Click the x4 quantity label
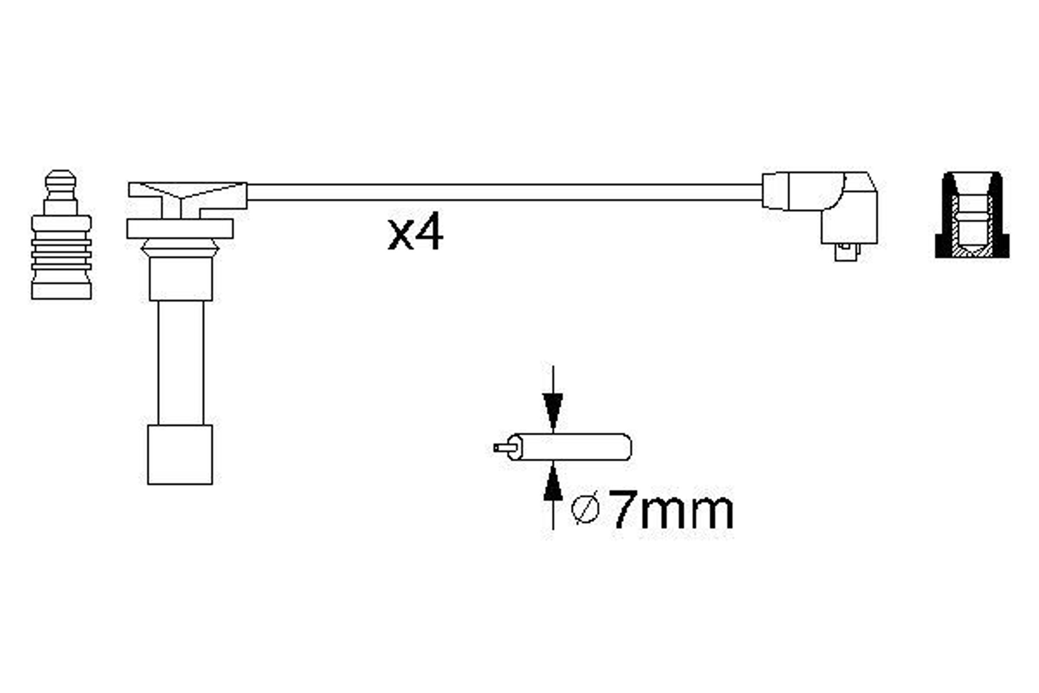pyautogui.click(x=415, y=231)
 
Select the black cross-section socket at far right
pyautogui.click(x=972, y=215)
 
